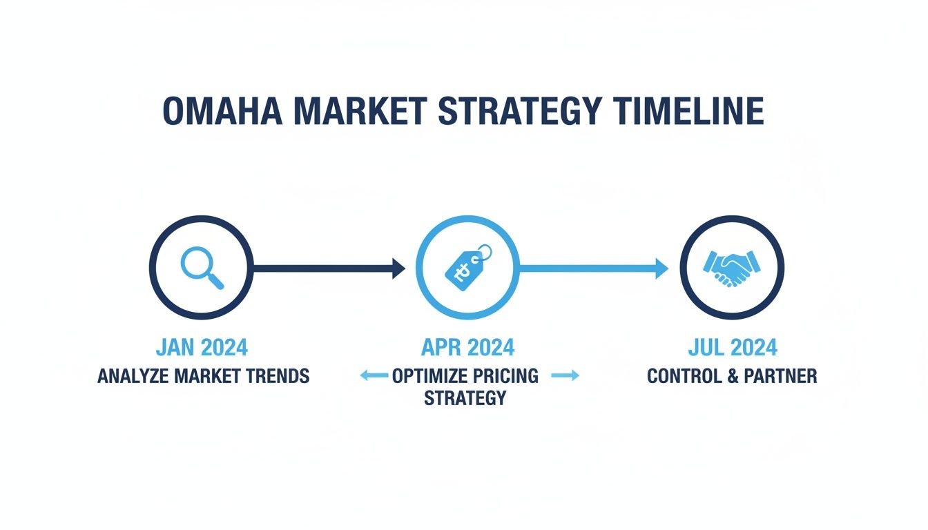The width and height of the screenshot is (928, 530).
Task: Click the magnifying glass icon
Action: [202, 268]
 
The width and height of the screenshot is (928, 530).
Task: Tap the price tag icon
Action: [466, 268]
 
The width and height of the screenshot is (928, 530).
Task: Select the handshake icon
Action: [731, 268]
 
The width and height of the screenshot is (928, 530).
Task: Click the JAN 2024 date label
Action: [202, 347]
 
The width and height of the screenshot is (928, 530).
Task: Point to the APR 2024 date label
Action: [467, 347]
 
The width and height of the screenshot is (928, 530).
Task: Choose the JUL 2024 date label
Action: [732, 347]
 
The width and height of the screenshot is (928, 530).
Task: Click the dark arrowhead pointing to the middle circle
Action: [398, 268]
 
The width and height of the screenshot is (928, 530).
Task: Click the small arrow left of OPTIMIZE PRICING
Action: [374, 375]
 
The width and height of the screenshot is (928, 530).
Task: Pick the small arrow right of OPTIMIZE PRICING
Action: [565, 375]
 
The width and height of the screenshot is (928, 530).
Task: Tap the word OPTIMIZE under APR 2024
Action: [429, 376]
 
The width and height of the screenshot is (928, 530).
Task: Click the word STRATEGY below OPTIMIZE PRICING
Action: [465, 398]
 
